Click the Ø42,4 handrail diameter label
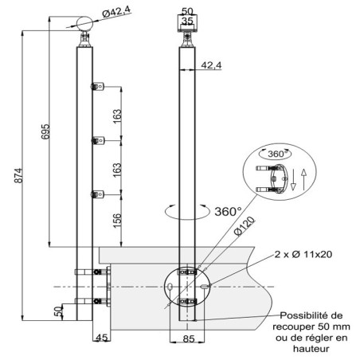pos(116,12)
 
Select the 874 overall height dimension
pos(18,175)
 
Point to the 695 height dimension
pos(45,131)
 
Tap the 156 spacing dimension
pos(117,221)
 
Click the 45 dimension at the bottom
pos(102,338)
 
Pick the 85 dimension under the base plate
pos(189,338)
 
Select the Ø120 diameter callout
pos(245,226)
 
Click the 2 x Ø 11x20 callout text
pos(303,254)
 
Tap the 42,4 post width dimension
pos(211,65)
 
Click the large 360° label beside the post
pos(228,212)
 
